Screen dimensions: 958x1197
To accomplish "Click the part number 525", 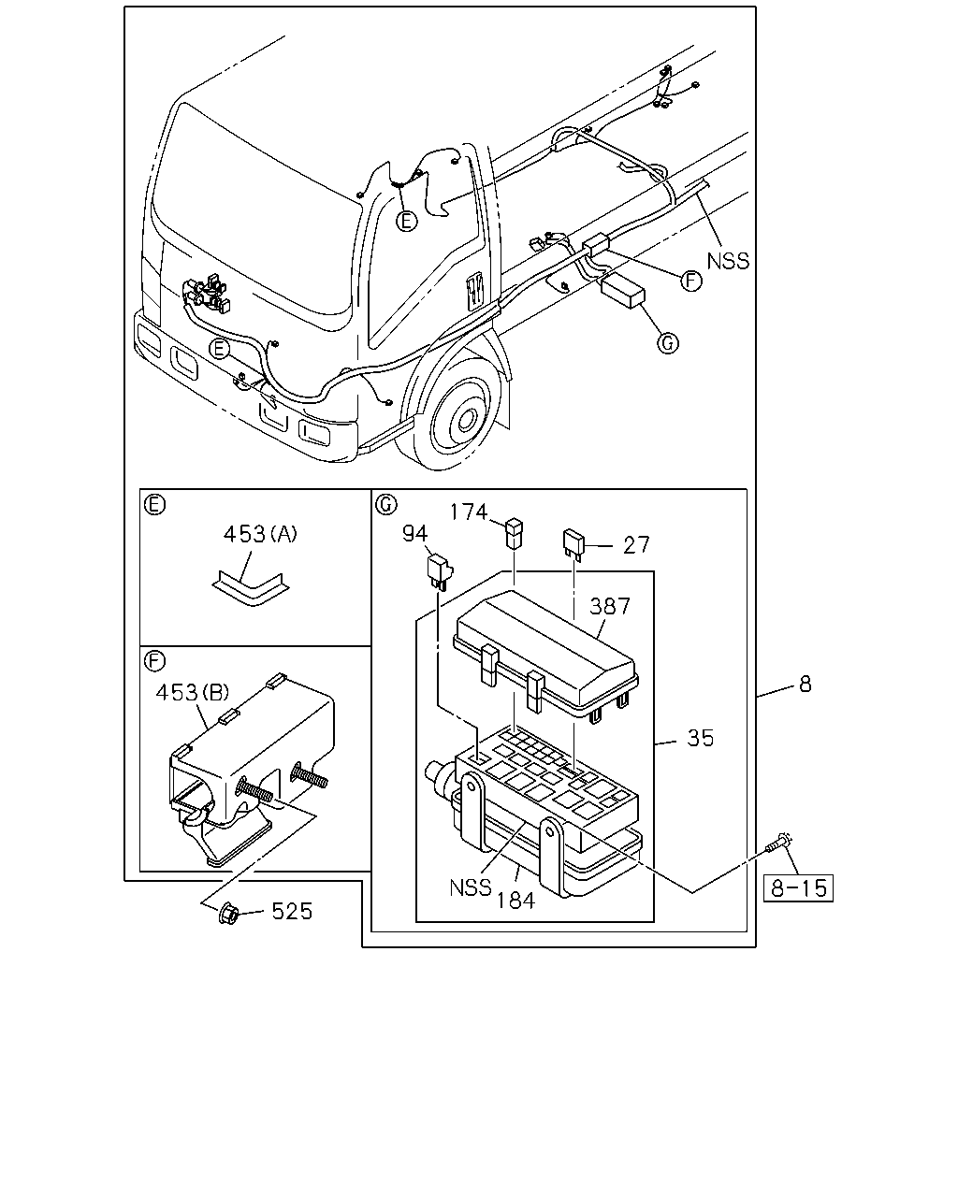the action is pyautogui.click(x=292, y=911).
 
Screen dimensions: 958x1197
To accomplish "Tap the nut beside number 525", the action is pyautogui.click(x=228, y=914).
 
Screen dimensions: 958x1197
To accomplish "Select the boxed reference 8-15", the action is pyautogui.click(x=798, y=887).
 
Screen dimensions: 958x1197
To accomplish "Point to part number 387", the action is pyautogui.click(x=610, y=606).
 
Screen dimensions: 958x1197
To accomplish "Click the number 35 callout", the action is pyautogui.click(x=701, y=738).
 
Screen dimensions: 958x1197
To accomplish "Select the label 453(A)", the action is pyautogui.click(x=260, y=534).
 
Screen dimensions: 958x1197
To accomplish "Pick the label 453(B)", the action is pyautogui.click(x=193, y=693).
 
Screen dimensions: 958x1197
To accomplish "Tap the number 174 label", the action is pyautogui.click(x=469, y=512).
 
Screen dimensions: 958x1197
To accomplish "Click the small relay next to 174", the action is pyautogui.click(x=514, y=533).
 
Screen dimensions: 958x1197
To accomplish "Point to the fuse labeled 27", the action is pyautogui.click(x=573, y=545).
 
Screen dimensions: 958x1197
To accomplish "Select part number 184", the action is pyautogui.click(x=515, y=901).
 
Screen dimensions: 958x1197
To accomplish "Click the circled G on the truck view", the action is pyautogui.click(x=668, y=342).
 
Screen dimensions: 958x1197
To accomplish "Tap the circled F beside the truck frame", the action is pyautogui.click(x=691, y=281).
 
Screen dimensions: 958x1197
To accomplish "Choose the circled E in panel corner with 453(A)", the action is pyautogui.click(x=154, y=504).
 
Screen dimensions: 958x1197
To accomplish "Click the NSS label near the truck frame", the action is pyautogui.click(x=728, y=261).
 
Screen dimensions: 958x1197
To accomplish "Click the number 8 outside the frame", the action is pyautogui.click(x=805, y=685).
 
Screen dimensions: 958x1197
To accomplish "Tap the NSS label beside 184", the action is pyautogui.click(x=471, y=887).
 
